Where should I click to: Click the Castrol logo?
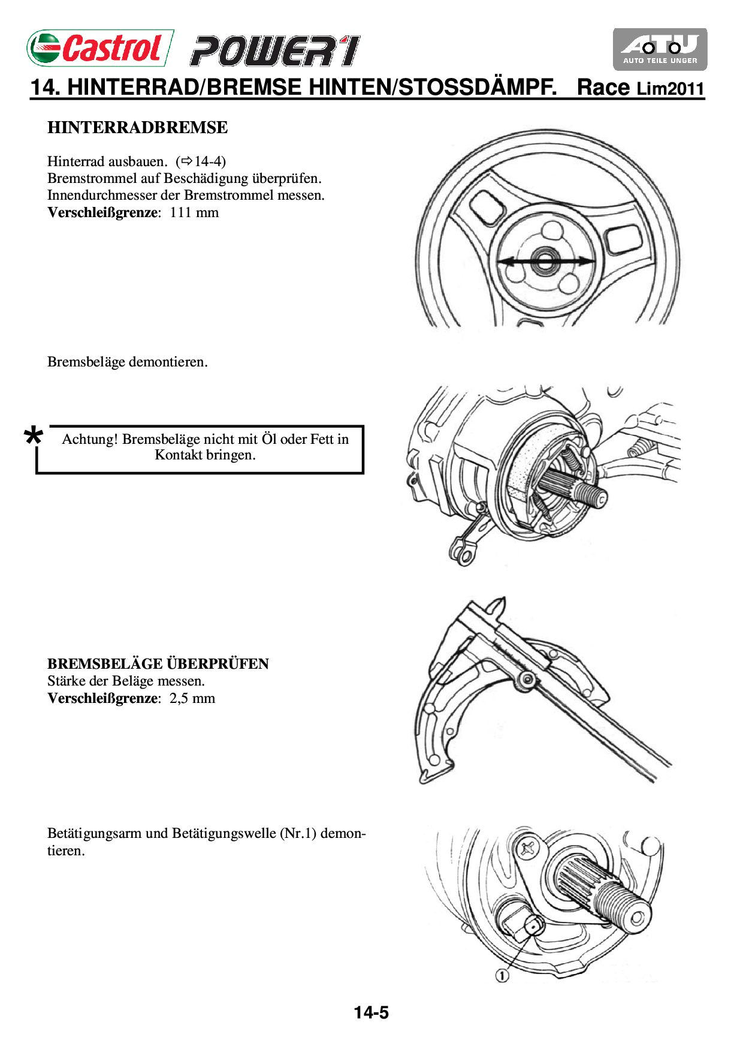point(99,48)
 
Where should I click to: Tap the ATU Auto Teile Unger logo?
point(660,49)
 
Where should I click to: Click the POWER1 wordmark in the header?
point(275,51)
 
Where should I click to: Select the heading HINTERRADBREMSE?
point(137,128)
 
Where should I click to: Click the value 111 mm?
point(194,213)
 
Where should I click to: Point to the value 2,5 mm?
point(192,699)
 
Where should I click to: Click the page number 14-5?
point(371,1013)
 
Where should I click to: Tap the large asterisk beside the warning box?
point(34,436)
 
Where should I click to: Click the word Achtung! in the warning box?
point(90,440)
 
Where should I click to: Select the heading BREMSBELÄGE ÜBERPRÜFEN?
point(158,664)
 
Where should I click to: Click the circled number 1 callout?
point(502,976)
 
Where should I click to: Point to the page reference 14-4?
point(210,161)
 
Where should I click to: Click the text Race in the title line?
point(603,88)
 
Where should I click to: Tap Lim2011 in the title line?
point(670,89)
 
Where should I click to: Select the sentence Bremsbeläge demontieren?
point(128,362)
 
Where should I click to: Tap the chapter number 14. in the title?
point(46,88)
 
